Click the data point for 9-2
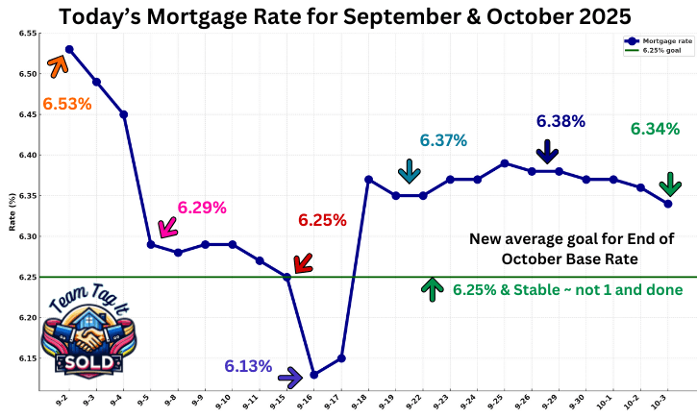(x=69, y=49)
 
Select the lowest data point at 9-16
(x=313, y=375)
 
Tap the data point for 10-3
(x=667, y=204)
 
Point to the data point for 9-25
(x=505, y=163)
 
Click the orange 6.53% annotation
(x=66, y=103)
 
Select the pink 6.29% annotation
(x=202, y=208)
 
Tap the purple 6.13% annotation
(x=248, y=366)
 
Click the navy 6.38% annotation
(x=560, y=121)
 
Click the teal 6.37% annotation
(x=443, y=140)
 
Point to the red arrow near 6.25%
(x=303, y=262)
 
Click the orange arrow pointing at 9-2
(x=57, y=64)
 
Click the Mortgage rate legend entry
(x=659, y=41)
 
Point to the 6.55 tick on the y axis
(x=26, y=34)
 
